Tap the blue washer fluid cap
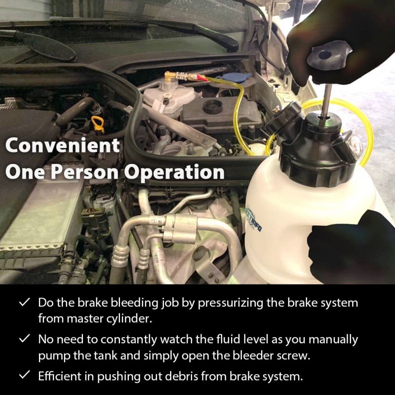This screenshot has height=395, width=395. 234,79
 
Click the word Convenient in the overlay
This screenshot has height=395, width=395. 63,145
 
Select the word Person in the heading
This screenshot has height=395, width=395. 85,172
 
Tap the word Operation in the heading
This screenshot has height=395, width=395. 174,172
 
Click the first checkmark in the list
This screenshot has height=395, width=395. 25,302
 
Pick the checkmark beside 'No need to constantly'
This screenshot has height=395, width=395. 25,339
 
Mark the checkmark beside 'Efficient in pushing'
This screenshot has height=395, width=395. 25,375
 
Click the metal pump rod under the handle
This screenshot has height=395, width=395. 326,101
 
